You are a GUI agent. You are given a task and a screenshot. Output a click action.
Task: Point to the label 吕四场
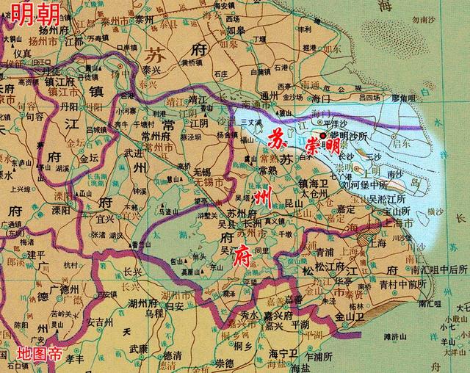coord(370,96)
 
